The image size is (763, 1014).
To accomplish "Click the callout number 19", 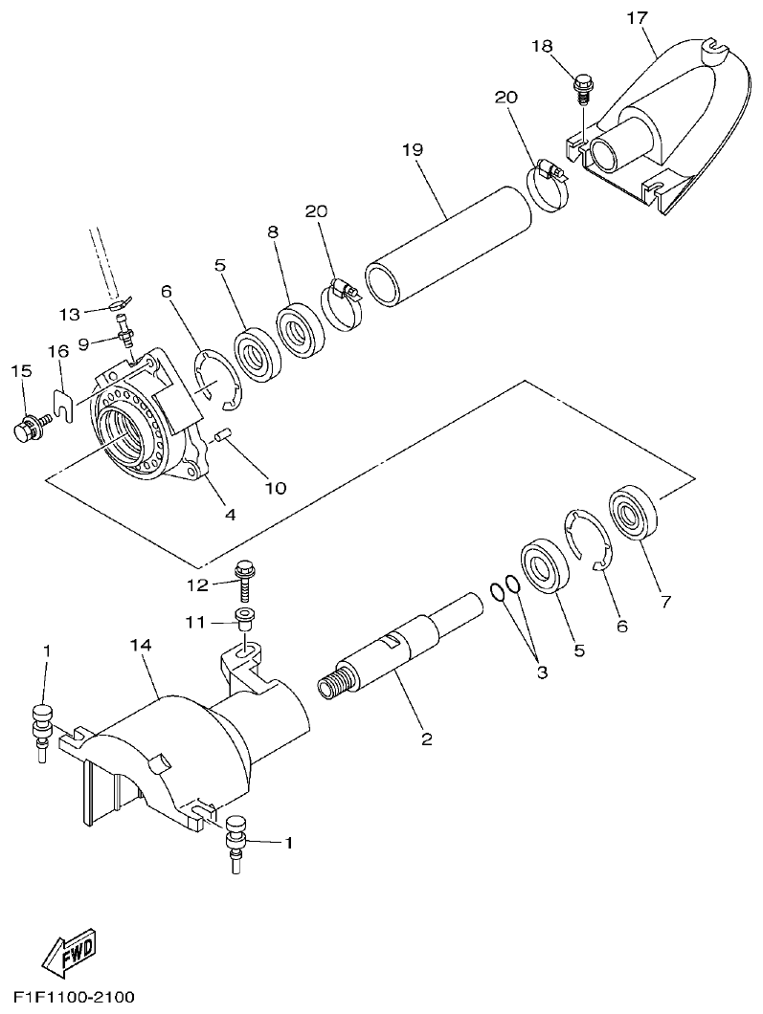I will tap(412, 149).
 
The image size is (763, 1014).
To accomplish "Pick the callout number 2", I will tap(427, 738).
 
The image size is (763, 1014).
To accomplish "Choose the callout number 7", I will tap(665, 602).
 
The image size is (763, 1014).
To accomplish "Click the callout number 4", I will tap(230, 514).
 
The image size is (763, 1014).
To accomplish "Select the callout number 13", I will tap(69, 313).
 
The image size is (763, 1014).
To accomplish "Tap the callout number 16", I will tap(59, 351).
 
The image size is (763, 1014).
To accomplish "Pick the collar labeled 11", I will tap(244, 618).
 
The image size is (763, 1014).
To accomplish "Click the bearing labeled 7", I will tap(633, 515).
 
